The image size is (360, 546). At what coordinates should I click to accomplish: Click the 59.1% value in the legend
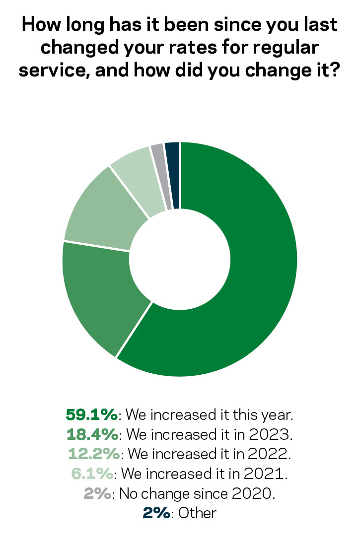(x=91, y=413)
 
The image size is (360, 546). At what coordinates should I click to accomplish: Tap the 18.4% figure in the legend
(x=92, y=433)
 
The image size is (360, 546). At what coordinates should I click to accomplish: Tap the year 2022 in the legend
(x=270, y=453)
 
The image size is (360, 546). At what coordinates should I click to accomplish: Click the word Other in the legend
(x=198, y=513)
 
